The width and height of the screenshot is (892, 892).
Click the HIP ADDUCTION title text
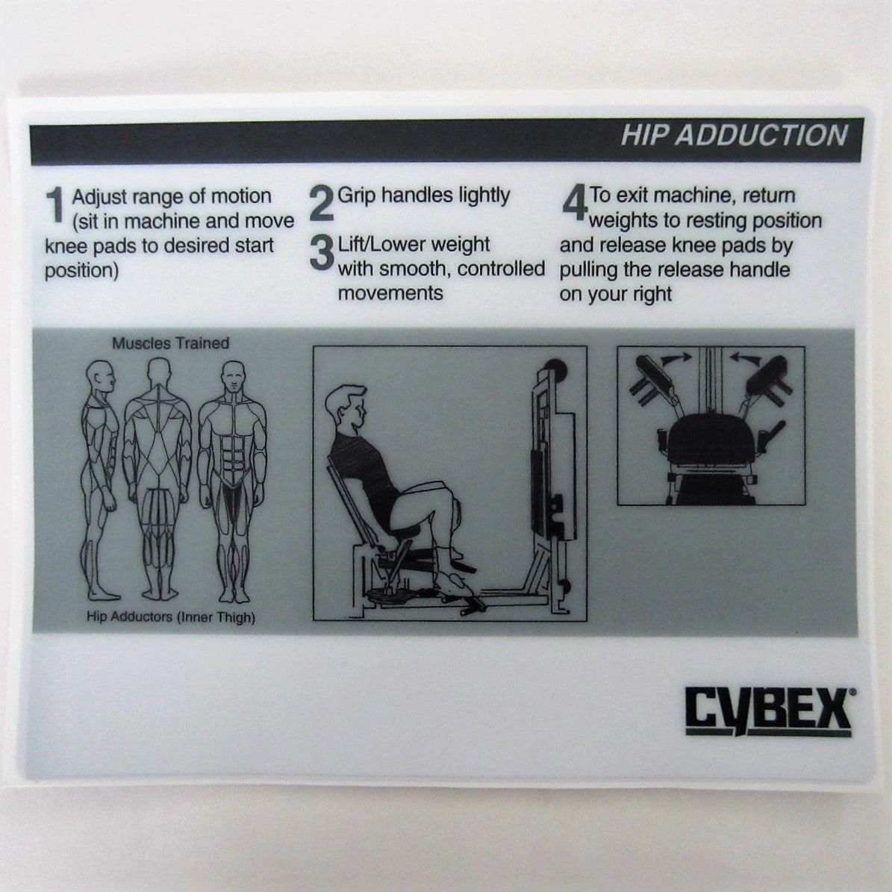pos(734,135)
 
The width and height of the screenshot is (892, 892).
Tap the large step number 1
pos(55,205)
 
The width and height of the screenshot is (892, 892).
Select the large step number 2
pos(322,205)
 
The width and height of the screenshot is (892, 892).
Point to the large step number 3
pos(322,253)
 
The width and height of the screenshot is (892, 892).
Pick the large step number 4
pos(575,204)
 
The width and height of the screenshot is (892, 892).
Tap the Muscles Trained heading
pos(171,343)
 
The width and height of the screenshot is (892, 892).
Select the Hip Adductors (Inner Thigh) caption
pos(171,617)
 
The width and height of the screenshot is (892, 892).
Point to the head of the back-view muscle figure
pos(159,373)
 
